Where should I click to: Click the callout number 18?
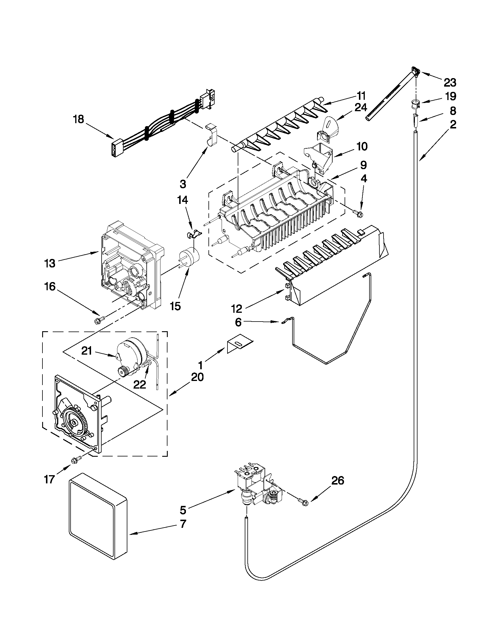pos(79,120)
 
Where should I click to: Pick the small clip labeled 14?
pos(193,234)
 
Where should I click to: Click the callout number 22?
pos(139,384)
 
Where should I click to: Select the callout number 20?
pos(197,377)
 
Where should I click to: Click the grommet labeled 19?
pos(415,104)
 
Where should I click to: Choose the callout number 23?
pos(450,83)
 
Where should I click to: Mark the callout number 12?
pos(237,308)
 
